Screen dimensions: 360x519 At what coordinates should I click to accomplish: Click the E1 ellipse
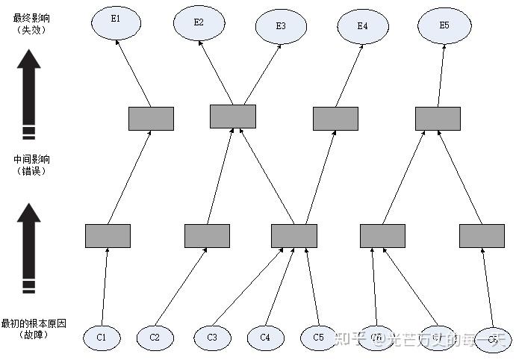(115, 21)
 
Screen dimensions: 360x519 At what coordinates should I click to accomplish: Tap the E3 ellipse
(281, 26)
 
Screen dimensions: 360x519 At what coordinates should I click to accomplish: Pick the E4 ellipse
(362, 26)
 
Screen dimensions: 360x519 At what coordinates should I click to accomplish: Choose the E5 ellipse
(444, 25)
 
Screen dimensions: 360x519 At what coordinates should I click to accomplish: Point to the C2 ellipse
(155, 338)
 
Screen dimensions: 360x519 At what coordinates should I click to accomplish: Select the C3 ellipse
(213, 338)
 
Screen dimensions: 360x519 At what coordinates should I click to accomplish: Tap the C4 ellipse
(265, 338)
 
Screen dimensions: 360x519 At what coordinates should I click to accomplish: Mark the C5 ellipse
(319, 338)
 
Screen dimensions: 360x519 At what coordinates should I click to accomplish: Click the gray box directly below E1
(151, 118)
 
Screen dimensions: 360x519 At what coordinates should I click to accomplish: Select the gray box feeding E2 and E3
(232, 116)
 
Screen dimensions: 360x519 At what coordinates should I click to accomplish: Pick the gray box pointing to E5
(438, 118)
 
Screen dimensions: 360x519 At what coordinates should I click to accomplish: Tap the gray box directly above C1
(108, 235)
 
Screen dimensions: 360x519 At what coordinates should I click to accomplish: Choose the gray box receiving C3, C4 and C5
(294, 235)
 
